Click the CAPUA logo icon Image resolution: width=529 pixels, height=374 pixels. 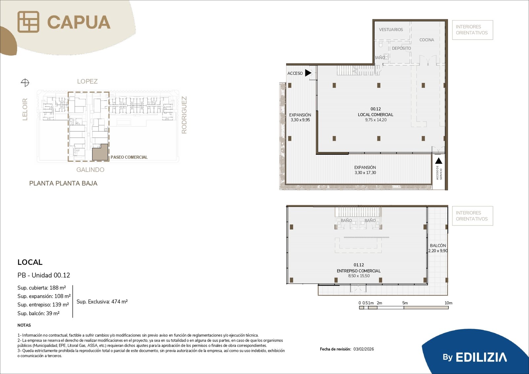(28, 22)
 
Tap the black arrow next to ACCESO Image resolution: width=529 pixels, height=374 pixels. (308, 73)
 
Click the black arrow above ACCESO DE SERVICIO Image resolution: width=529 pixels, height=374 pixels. (438, 161)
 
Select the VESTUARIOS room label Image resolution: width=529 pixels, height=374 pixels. (391, 29)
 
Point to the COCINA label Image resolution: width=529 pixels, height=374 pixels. (427, 40)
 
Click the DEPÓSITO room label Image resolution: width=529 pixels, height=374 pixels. (401, 48)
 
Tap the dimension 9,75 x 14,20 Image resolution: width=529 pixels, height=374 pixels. (376, 120)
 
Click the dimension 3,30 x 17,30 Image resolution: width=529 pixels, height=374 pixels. (365, 173)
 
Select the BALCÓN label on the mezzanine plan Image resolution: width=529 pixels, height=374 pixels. (438, 245)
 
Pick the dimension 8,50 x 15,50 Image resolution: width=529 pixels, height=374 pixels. (359, 276)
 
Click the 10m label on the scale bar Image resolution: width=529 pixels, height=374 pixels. (448, 303)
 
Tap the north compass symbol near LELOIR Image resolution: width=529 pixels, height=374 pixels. (25, 83)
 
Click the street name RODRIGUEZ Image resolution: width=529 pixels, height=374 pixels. (184, 115)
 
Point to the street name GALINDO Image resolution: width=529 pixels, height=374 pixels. (90, 170)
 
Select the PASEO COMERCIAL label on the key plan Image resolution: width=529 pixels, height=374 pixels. (129, 157)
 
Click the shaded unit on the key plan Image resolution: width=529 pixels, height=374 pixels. (100, 153)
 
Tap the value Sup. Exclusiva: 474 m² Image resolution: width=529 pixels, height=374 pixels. (102, 302)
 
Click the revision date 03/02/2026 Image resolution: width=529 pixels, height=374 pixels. (363, 349)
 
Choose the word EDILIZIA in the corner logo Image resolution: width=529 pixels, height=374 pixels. (481, 357)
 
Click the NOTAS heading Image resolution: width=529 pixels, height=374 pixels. (24, 325)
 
